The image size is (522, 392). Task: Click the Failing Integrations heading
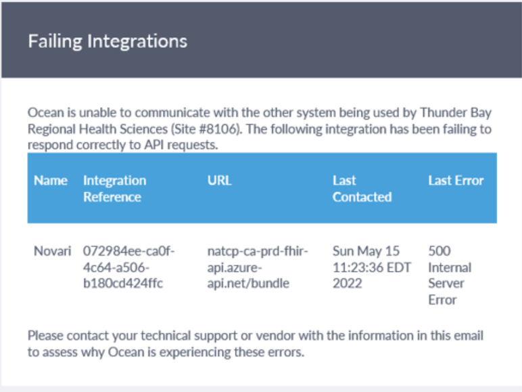coord(108,42)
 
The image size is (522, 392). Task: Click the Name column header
coord(51,180)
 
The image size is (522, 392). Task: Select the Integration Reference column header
coord(114,189)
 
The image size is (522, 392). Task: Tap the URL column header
coord(219,180)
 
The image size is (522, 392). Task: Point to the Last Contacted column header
coord(362,189)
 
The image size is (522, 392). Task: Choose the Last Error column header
coord(456,180)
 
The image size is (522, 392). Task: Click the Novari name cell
coord(52,251)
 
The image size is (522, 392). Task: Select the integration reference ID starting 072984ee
coord(128,267)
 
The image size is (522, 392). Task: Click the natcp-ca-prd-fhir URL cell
coord(258,267)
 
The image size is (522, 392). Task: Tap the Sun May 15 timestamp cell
coord(372,267)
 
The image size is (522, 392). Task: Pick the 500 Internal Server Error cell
coord(450,276)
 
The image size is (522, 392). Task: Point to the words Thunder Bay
coord(456,112)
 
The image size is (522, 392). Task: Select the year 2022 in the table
coord(348,283)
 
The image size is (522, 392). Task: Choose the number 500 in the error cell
coord(440,251)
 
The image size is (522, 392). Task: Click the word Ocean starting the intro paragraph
coord(45,112)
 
